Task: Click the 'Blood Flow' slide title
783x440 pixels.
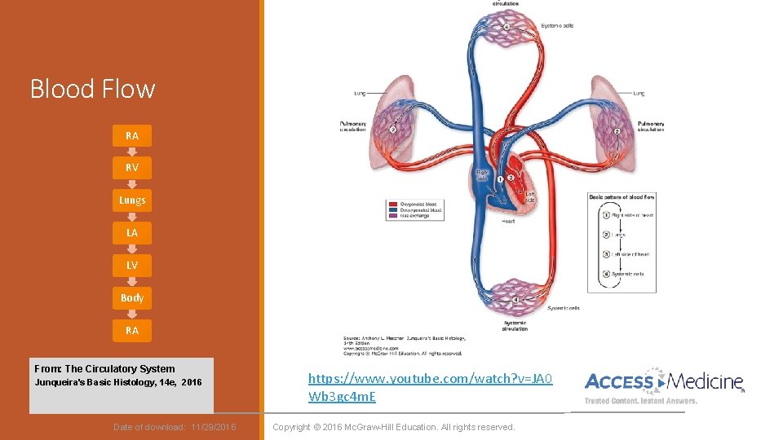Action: pos(92,88)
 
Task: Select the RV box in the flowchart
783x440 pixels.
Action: pos(132,167)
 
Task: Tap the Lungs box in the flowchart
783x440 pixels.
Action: pos(132,200)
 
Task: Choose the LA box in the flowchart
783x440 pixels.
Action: pos(132,232)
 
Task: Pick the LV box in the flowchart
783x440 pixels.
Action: pos(132,265)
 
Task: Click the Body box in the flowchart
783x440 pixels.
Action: pos(132,297)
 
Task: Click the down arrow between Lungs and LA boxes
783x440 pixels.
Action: pos(132,216)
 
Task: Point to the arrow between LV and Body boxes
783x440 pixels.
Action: pos(132,281)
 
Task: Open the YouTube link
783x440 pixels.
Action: pos(430,387)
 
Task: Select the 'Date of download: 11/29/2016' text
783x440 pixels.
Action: pos(175,427)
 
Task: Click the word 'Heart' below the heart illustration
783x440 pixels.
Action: pos(508,221)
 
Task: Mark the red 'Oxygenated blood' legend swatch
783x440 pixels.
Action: pos(393,204)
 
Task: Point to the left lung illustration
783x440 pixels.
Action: pos(392,121)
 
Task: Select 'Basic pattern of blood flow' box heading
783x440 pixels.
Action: pos(622,197)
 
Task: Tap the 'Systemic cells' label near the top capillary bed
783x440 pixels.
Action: pos(557,26)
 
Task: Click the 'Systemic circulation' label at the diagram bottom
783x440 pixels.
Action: pos(515,325)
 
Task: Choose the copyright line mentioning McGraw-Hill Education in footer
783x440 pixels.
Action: pos(394,427)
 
